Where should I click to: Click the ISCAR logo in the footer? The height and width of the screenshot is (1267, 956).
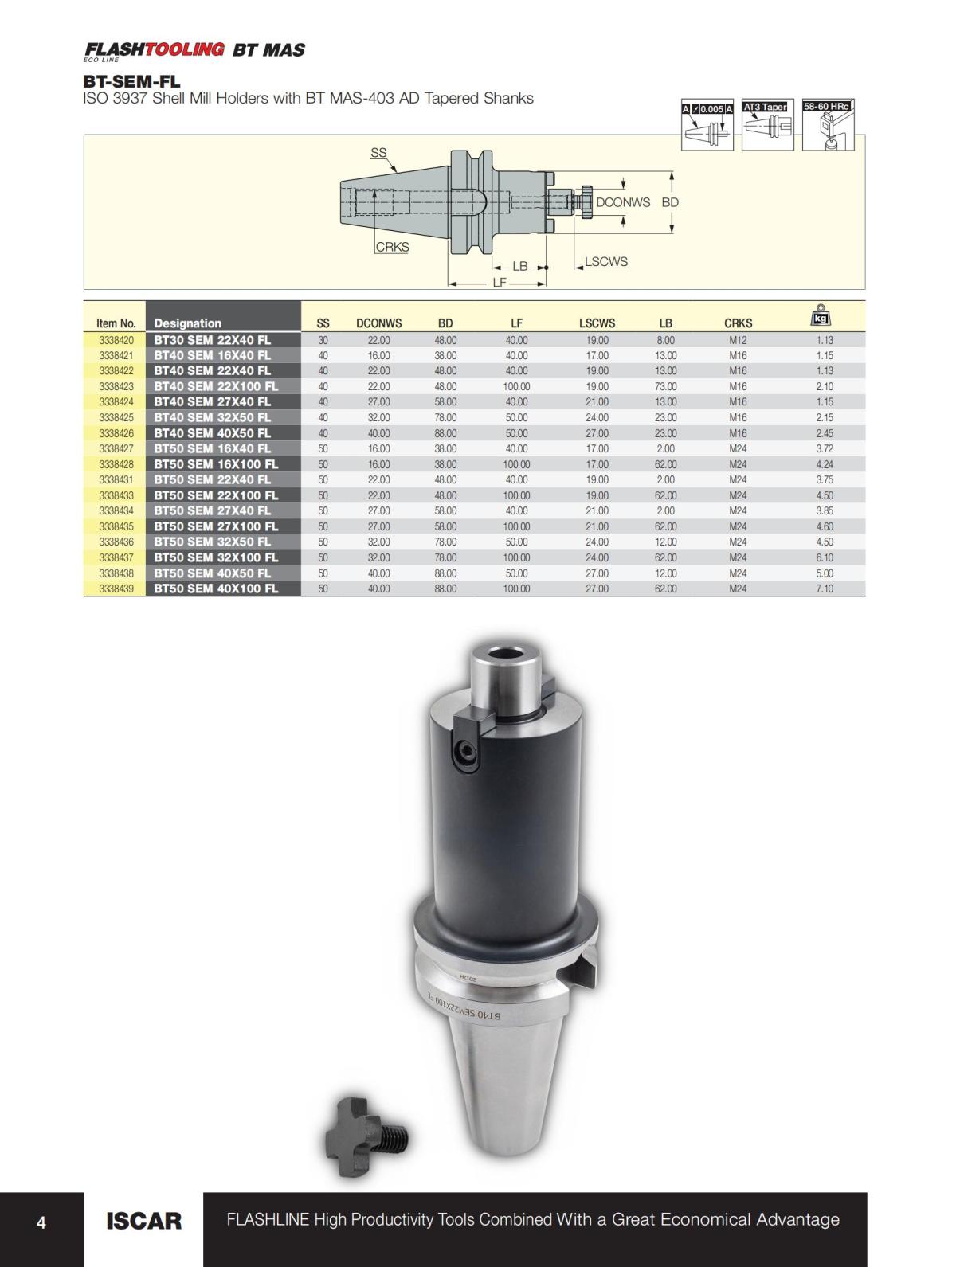click(x=143, y=1220)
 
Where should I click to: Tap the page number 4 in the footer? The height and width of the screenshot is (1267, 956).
click(x=41, y=1222)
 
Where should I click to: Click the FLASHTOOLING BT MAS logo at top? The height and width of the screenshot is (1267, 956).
click(x=194, y=50)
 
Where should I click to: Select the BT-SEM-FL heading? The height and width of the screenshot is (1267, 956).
click(x=131, y=81)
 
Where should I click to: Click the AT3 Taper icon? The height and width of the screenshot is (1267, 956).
click(x=765, y=126)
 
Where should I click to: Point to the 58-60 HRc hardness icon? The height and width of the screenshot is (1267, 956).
click(x=828, y=126)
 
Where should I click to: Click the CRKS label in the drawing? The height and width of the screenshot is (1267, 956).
click(x=392, y=247)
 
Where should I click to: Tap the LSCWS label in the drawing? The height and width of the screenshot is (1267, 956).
click(x=606, y=261)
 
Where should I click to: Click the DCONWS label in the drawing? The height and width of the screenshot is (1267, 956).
click(x=623, y=202)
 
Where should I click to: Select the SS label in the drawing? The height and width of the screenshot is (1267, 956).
click(x=378, y=153)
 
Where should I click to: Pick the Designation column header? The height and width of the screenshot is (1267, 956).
click(x=188, y=323)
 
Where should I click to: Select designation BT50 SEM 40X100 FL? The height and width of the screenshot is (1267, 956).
click(x=216, y=589)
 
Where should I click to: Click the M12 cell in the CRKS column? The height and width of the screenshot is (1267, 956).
click(x=738, y=340)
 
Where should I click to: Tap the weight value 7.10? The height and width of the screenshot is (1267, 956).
click(x=825, y=589)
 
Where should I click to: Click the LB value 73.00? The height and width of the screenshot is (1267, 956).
click(x=665, y=386)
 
